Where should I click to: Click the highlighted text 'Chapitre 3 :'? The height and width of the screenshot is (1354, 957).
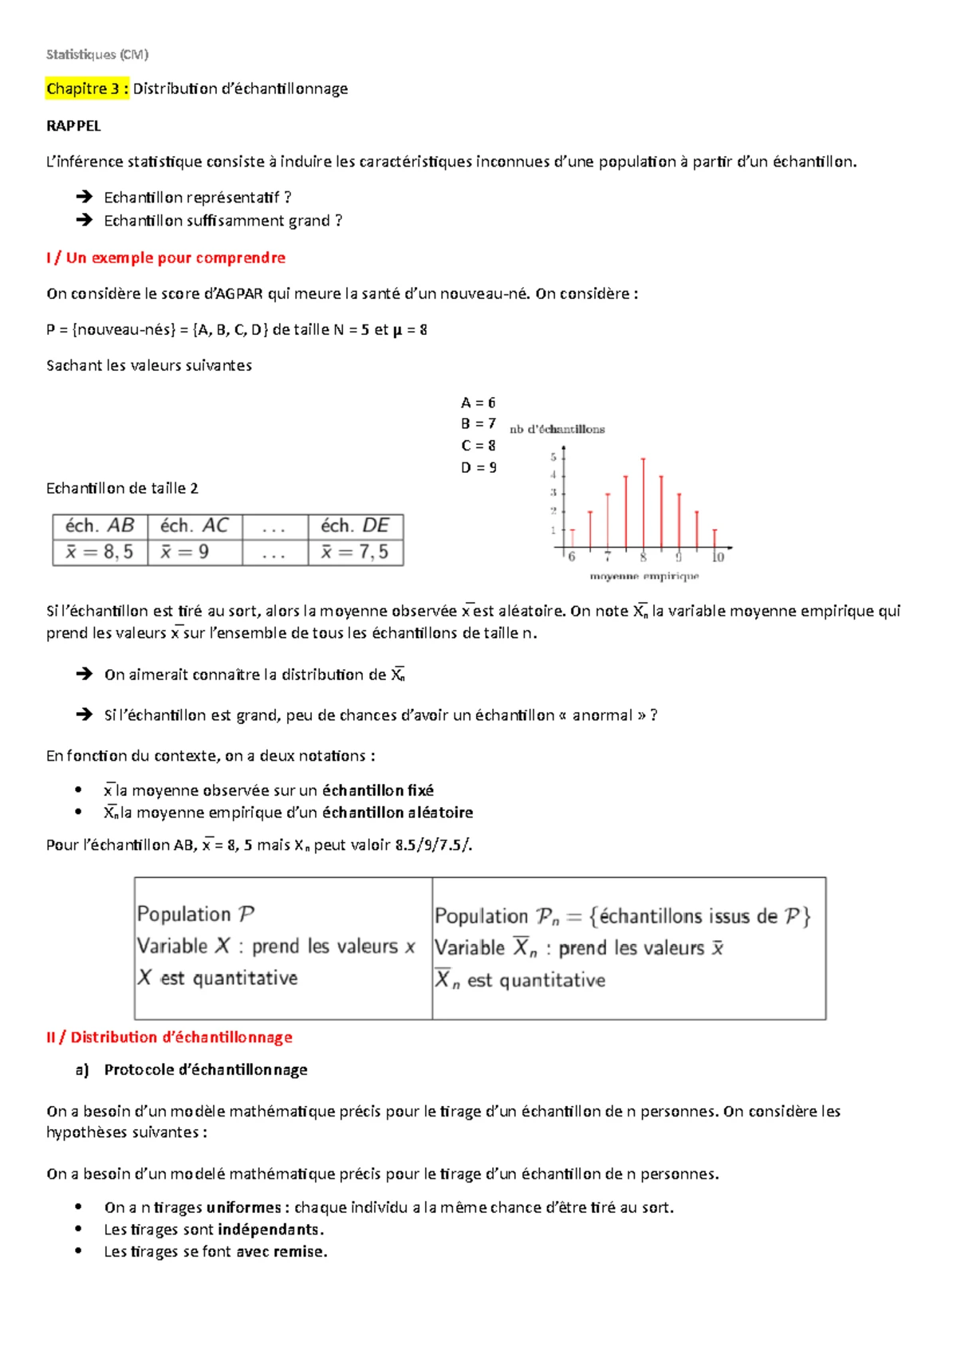click(87, 89)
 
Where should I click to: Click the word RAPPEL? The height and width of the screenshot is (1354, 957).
click(73, 126)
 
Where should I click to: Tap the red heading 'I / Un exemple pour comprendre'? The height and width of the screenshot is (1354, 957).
click(165, 258)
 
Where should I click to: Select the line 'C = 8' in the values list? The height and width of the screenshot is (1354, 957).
click(478, 446)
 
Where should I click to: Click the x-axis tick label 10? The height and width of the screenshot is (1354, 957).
click(718, 557)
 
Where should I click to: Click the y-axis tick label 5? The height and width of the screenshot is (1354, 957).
click(553, 457)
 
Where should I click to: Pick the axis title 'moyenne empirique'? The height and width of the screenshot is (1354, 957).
click(644, 576)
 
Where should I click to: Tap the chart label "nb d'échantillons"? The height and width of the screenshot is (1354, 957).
click(557, 429)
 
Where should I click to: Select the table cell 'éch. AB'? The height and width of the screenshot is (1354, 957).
click(100, 526)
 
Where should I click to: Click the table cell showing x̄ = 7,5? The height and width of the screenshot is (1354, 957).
click(355, 553)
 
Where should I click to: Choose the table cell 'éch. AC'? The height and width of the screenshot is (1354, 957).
click(194, 526)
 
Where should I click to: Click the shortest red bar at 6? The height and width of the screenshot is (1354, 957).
click(573, 539)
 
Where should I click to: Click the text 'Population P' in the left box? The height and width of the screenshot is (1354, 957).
click(195, 914)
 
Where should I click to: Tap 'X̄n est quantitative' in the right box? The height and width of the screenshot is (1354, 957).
click(520, 980)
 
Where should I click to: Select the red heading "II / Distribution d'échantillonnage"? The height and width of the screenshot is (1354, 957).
click(169, 1037)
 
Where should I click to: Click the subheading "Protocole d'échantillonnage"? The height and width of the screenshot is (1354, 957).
click(205, 1070)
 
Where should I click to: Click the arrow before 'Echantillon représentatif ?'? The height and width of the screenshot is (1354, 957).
click(84, 197)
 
